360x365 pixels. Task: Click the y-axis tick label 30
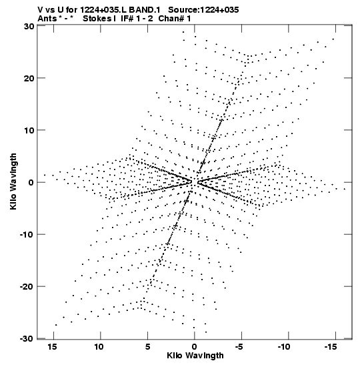click(x=29, y=26)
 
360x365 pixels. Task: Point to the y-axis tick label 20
click(x=29, y=78)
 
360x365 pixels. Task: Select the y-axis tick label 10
click(x=29, y=130)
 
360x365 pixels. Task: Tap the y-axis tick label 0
click(x=31, y=183)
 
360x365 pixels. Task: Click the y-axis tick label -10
click(x=27, y=234)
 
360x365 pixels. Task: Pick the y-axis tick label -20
click(x=27, y=286)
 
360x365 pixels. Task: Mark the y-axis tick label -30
click(x=27, y=339)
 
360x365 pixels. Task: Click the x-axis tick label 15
click(x=52, y=347)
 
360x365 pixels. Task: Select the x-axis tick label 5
click(x=148, y=347)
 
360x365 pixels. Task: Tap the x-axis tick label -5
click(x=239, y=347)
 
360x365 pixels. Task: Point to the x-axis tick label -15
click(x=331, y=347)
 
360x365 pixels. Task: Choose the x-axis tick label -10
click(x=284, y=347)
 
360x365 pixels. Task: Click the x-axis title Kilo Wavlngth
click(x=195, y=356)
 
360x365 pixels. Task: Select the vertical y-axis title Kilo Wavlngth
click(x=13, y=181)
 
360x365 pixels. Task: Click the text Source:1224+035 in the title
click(x=203, y=10)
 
